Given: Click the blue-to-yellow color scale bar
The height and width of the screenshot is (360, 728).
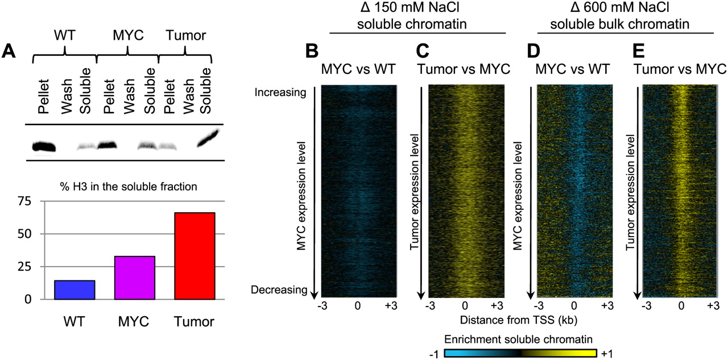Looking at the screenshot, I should pyautogui.click(x=520, y=353).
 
